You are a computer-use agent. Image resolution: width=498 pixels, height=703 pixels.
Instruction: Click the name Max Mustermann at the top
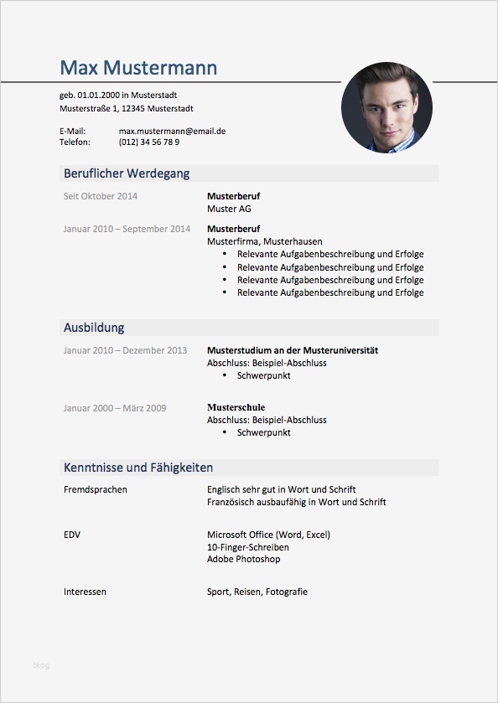pos(138,68)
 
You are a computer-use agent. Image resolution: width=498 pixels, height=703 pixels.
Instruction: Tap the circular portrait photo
pos(386,107)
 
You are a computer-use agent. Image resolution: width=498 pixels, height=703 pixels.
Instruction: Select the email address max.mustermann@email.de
pos(172,131)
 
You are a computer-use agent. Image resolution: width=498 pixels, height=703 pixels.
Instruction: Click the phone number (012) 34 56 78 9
pos(148,142)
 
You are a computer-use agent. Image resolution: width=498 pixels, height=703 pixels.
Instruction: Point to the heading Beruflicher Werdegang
pos(127,173)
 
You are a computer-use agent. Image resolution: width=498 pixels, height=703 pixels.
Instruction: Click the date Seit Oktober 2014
pos(101,196)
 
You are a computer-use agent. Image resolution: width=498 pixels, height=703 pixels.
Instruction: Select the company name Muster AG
pos(229,209)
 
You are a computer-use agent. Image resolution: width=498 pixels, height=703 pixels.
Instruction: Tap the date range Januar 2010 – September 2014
pos(127,229)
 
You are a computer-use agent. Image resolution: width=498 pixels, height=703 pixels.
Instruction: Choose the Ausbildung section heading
pos(94,328)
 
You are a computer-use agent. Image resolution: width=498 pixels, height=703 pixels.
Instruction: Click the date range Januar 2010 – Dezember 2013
pos(125,350)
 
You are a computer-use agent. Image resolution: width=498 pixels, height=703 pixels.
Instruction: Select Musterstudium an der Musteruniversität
pos(293,350)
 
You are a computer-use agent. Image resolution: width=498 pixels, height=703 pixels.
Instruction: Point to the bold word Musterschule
pos(236,407)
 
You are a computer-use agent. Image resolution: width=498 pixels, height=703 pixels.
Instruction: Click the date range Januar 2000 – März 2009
pos(115,408)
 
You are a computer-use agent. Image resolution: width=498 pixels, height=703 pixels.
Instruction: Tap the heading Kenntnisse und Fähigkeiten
pos(138,468)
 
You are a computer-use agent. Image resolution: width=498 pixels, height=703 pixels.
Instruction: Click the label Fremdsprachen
pos(96,489)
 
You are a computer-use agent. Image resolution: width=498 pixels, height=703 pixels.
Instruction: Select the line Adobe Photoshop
pos(243,559)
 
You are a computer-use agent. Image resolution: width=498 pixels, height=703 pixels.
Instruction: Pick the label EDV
pos(72,535)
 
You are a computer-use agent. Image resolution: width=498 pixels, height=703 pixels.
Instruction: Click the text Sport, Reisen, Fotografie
pos(257,592)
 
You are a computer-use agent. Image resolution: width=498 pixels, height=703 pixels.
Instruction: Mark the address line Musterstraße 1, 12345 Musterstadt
pos(127,108)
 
